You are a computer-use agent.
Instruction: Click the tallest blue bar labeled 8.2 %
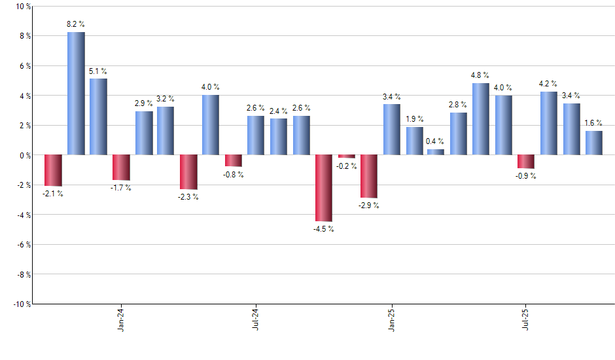coord(76,94)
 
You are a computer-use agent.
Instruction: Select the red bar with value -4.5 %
coord(324,189)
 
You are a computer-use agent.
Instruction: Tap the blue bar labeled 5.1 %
coord(98,117)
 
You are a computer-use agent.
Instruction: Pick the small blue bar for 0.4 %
coord(436,152)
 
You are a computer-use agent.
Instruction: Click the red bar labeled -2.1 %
coord(53,170)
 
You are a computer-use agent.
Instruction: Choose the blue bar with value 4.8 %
coord(480,119)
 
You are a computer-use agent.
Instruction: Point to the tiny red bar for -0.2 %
coord(347,156)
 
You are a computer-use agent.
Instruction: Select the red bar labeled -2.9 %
coord(369,176)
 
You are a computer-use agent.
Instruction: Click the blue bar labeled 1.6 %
coord(594,143)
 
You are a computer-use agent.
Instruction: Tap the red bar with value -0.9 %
coord(526,162)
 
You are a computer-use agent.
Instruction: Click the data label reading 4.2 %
coord(548,84)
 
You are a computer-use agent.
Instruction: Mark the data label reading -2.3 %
coord(188,197)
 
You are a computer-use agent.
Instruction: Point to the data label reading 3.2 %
coord(166,99)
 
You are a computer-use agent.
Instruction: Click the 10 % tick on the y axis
coord(22,7)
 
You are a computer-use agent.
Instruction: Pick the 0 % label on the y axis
coord(24,155)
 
